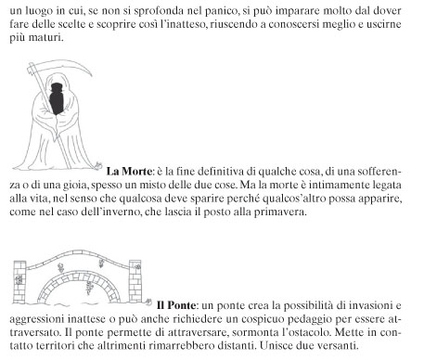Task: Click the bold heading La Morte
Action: point(129,171)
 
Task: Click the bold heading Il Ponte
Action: point(176,305)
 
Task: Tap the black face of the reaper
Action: point(57,98)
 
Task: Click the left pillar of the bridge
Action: point(19,282)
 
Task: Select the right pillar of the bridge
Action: point(135,281)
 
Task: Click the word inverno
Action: point(122,212)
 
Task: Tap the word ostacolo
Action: point(304,332)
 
